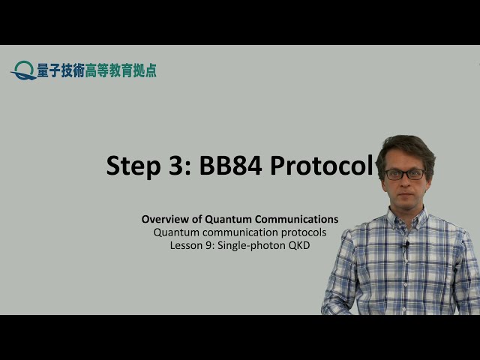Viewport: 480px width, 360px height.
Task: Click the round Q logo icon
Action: click(24, 70)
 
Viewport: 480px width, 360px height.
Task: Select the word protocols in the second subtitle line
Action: click(304, 232)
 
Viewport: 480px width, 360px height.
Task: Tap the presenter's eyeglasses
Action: click(405, 174)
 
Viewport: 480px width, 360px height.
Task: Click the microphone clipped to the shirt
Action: click(406, 245)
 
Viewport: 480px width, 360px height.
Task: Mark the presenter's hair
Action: click(406, 146)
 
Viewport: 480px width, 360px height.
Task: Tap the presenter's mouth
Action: click(406, 196)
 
